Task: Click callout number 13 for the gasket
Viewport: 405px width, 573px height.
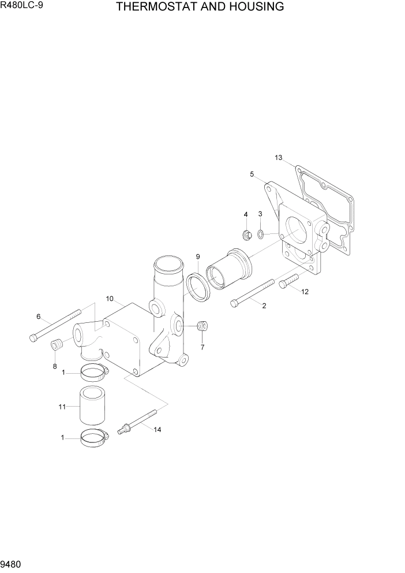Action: point(279,158)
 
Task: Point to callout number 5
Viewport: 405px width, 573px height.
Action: point(252,174)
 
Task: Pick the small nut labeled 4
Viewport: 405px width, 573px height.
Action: point(246,235)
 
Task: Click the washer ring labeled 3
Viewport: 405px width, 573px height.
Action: point(261,234)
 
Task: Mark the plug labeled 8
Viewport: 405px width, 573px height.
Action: point(57,345)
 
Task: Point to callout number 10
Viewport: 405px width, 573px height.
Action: point(110,299)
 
